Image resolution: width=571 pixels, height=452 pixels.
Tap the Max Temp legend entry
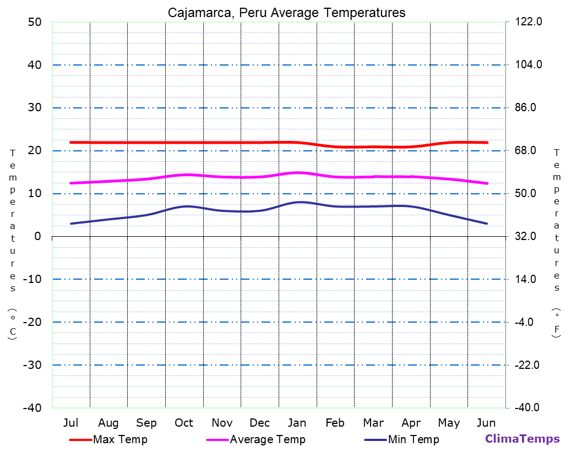(120, 439)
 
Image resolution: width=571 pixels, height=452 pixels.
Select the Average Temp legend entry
(267, 439)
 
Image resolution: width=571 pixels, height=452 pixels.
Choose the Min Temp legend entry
(414, 439)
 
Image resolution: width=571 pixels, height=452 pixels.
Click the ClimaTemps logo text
(522, 439)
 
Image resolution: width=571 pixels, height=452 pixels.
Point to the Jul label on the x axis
(70, 423)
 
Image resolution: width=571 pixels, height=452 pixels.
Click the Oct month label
(184, 423)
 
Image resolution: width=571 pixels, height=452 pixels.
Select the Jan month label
(297, 423)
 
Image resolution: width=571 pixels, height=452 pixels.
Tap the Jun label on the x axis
(486, 423)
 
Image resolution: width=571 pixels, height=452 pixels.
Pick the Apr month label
(411, 423)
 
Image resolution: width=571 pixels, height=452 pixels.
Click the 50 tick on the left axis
(34, 22)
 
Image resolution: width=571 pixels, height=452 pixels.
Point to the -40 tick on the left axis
(31, 407)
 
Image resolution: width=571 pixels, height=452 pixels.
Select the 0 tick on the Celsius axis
(37, 236)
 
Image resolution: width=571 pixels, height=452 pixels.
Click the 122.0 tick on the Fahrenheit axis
(529, 22)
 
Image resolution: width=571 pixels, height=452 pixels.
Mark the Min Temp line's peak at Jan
(298, 202)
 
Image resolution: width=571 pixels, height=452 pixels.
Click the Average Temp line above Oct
(184, 175)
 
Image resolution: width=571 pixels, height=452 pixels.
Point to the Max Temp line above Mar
(373, 146)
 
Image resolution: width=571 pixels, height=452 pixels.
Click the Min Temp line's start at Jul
(71, 224)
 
